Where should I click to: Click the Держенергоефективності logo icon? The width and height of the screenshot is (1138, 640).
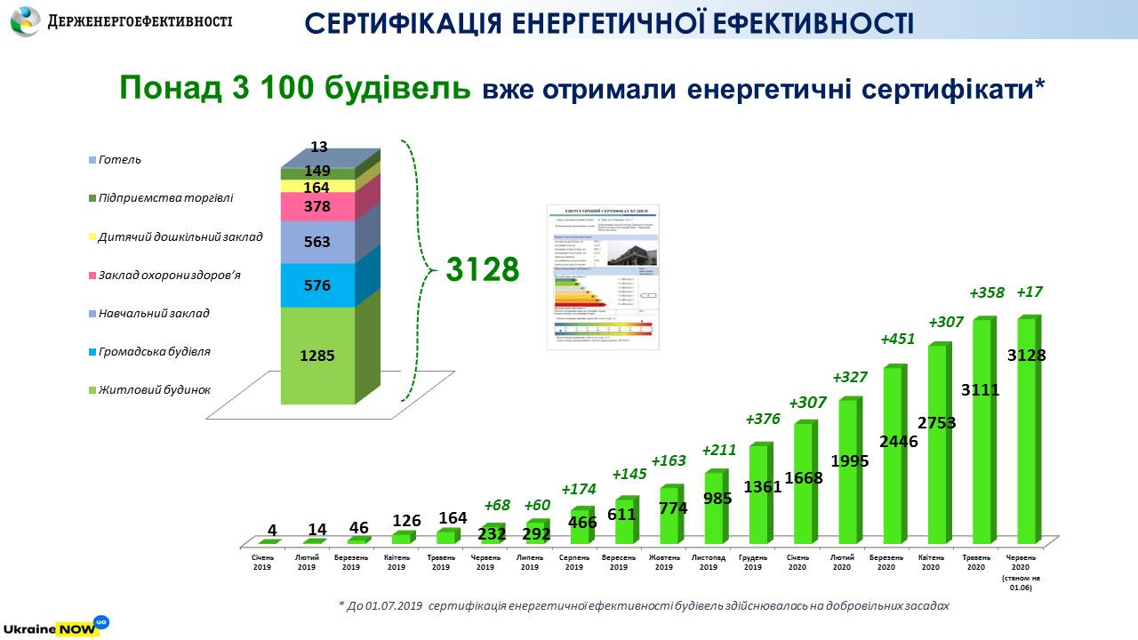(25, 20)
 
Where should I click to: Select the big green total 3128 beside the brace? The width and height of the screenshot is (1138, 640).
(482, 269)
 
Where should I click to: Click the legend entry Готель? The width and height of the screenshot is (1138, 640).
(120, 160)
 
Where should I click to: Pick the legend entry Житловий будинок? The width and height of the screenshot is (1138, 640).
(148, 389)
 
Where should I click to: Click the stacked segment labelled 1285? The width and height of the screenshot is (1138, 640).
(317, 356)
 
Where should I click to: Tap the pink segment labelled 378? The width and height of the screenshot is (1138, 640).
(317, 207)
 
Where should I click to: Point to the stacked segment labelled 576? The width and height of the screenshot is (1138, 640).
(317, 285)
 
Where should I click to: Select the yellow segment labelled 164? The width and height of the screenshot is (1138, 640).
(317, 187)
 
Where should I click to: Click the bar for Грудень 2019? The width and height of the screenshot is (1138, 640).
(757, 493)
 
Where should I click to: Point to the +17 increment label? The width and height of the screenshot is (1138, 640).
(1030, 292)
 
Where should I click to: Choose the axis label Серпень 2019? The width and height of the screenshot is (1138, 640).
(575, 562)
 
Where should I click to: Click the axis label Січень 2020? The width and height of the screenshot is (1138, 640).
(798, 562)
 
